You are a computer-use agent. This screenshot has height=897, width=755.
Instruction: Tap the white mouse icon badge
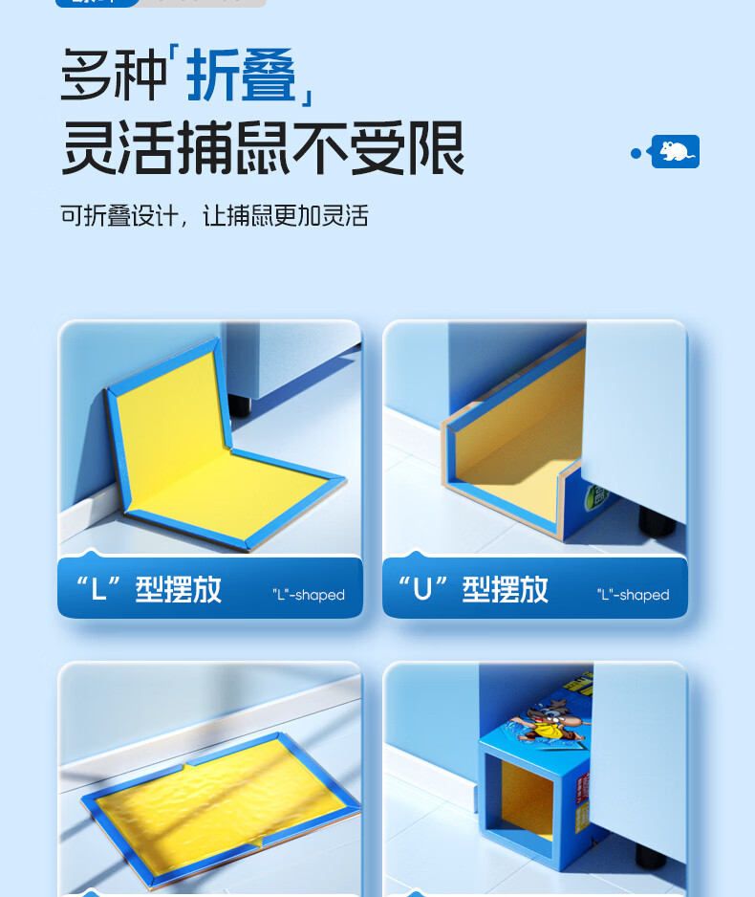coord(676,151)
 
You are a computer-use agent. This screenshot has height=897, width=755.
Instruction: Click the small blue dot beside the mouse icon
coord(636,153)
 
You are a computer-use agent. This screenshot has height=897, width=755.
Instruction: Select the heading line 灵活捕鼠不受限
coord(262,148)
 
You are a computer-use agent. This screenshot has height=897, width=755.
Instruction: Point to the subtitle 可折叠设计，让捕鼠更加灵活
coord(214,215)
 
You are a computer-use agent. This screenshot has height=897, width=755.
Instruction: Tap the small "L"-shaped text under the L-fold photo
coord(308,595)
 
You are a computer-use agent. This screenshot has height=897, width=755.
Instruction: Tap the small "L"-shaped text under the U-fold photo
coord(633,595)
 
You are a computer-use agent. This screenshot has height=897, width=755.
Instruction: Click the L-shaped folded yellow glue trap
coord(210,449)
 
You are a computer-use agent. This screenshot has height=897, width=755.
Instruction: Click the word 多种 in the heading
coord(114,75)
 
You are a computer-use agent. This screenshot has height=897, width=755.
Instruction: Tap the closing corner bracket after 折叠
coord(307,93)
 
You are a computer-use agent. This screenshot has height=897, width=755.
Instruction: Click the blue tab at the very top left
coord(96,3)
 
